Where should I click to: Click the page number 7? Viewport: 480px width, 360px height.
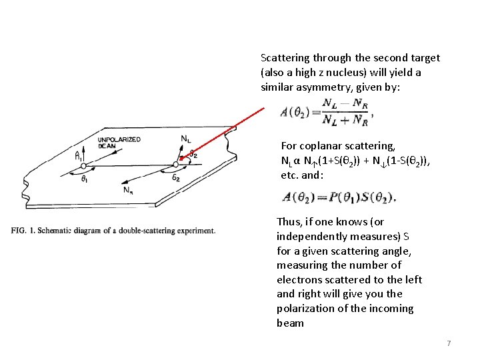(x=449, y=343)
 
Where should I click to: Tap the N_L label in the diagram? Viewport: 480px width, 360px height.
(x=187, y=138)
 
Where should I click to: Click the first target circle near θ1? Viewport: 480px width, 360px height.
(x=83, y=165)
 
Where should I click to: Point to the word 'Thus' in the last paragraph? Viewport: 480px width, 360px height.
(x=288, y=221)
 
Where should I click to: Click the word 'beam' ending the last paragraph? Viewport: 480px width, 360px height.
(x=290, y=323)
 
